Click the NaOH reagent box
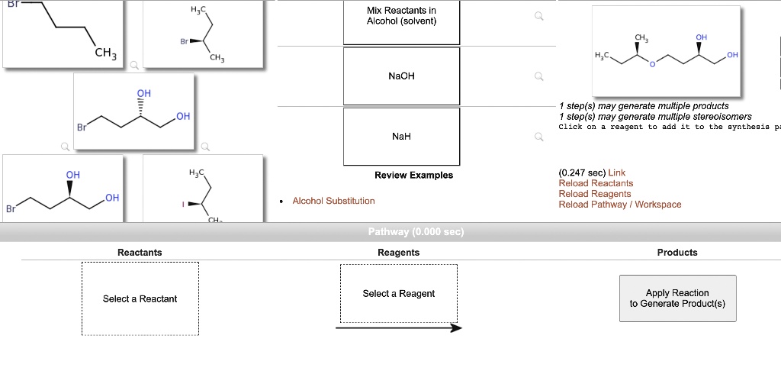click(401, 76)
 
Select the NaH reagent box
click(401, 137)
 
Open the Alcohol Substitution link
click(333, 201)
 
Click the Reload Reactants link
click(596, 183)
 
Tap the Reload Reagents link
click(595, 194)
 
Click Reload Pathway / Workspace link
click(619, 205)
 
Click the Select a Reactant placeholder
click(140, 299)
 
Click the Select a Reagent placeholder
click(398, 294)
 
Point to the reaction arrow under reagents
click(398, 328)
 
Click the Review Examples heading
click(413, 176)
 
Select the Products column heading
click(677, 253)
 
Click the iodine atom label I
click(182, 205)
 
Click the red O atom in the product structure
click(652, 65)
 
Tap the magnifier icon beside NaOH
click(539, 76)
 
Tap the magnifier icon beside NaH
click(539, 137)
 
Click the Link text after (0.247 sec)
click(616, 173)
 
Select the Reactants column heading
click(140, 253)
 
